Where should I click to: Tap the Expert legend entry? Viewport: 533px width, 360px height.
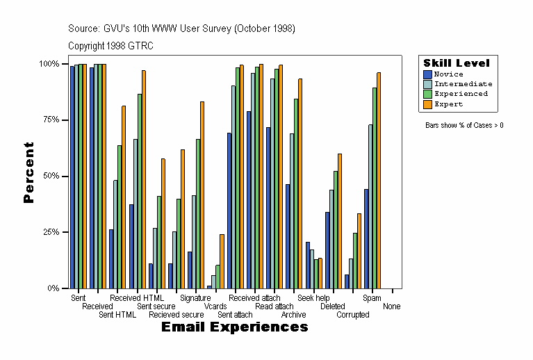click(x=448, y=104)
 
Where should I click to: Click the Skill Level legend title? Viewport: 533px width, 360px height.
click(x=457, y=63)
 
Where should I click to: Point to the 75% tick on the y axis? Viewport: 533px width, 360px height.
click(x=49, y=120)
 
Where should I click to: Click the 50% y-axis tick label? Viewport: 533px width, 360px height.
click(x=49, y=176)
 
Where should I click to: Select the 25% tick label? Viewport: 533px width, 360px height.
click(x=49, y=232)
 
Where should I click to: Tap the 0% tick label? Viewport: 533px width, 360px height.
click(x=52, y=288)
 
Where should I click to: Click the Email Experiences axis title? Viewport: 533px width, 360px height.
click(x=234, y=327)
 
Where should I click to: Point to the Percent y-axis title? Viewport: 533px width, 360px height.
click(x=28, y=172)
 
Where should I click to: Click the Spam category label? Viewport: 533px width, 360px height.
click(x=372, y=298)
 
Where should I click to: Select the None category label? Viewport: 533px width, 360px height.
click(x=391, y=306)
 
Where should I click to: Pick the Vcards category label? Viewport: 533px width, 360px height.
click(x=215, y=306)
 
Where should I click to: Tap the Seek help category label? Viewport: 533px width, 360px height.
click(x=313, y=298)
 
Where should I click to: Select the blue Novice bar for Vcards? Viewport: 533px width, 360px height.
click(x=209, y=286)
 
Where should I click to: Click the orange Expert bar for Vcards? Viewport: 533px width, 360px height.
click(x=222, y=261)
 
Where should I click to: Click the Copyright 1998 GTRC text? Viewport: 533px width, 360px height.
click(x=110, y=46)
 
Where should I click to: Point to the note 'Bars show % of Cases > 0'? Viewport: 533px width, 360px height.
click(x=464, y=126)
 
